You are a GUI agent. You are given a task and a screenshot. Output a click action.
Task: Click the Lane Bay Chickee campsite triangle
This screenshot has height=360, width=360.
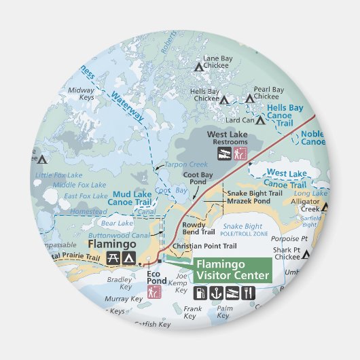point(198,67)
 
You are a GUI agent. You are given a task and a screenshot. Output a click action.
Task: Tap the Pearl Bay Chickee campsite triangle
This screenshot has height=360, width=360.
point(249,98)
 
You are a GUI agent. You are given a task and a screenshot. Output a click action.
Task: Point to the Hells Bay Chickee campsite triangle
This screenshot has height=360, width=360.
point(224,99)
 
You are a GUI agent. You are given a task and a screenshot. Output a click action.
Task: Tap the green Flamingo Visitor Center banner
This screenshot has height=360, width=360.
point(232,270)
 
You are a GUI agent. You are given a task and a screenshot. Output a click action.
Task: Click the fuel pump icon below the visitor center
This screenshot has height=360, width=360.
point(202,293)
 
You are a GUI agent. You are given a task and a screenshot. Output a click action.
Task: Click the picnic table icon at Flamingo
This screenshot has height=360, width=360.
point(113,258)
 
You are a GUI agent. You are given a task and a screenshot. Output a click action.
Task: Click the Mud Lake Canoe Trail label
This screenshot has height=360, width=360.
point(132,198)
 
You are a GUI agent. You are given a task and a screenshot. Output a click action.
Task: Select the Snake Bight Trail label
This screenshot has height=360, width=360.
point(254,193)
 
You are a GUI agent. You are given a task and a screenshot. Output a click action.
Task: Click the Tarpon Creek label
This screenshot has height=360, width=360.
point(185,164)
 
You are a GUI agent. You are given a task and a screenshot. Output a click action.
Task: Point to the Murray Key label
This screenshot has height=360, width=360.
point(124,298)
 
